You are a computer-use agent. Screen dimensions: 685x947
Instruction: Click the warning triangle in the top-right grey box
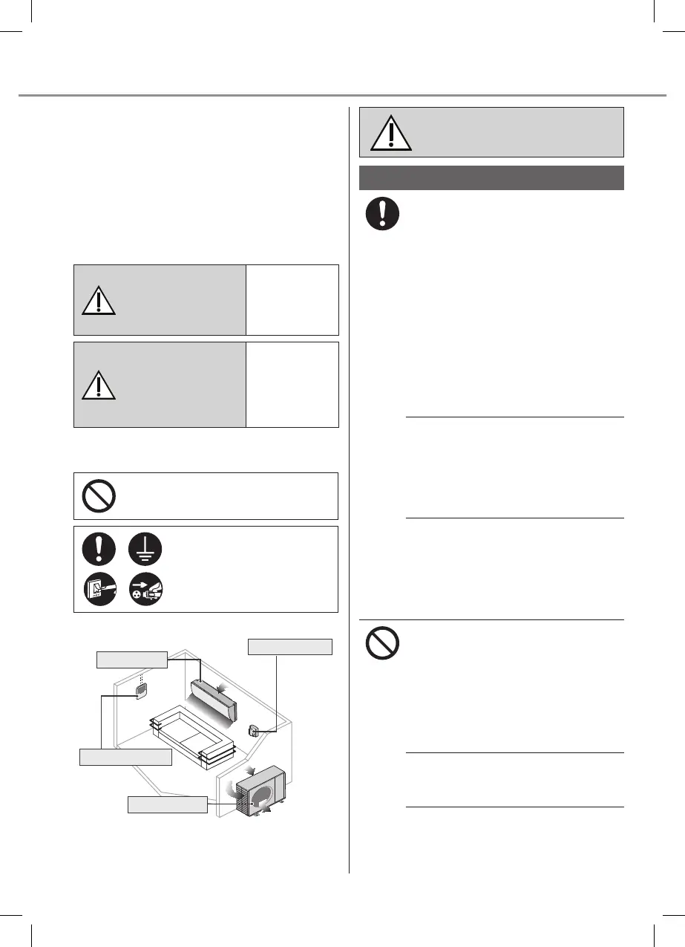tap(391, 134)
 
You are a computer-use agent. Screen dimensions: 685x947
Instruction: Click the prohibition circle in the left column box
tap(99, 496)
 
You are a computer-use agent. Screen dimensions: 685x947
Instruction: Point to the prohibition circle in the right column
tap(383, 643)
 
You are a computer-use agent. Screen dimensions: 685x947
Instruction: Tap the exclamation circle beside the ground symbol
tap(99, 550)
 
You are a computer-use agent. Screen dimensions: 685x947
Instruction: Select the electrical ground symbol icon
tap(145, 550)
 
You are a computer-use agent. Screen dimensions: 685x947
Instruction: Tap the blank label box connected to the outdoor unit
tap(168, 804)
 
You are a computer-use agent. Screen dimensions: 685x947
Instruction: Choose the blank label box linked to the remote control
tap(125, 757)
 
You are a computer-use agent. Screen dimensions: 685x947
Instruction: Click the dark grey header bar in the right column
tap(491, 178)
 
